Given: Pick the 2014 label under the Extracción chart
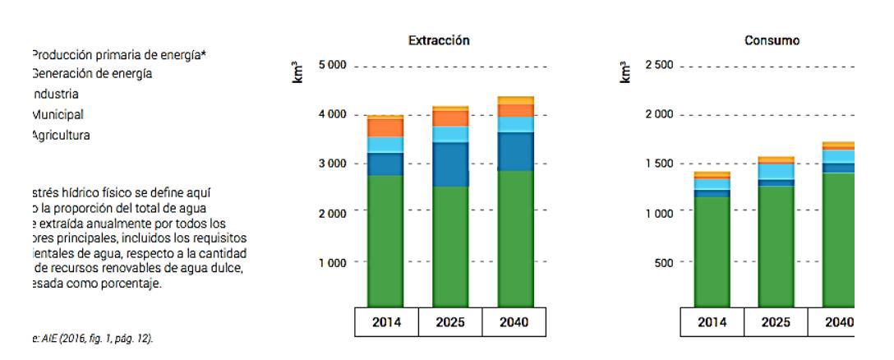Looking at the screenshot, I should [386, 322].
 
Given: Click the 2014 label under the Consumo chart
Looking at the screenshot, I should [713, 322].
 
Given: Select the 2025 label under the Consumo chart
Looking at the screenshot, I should [776, 322].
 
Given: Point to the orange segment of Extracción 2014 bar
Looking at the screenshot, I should [386, 127].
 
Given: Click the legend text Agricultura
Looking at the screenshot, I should [62, 136].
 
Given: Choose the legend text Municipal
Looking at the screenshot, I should [57, 115].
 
